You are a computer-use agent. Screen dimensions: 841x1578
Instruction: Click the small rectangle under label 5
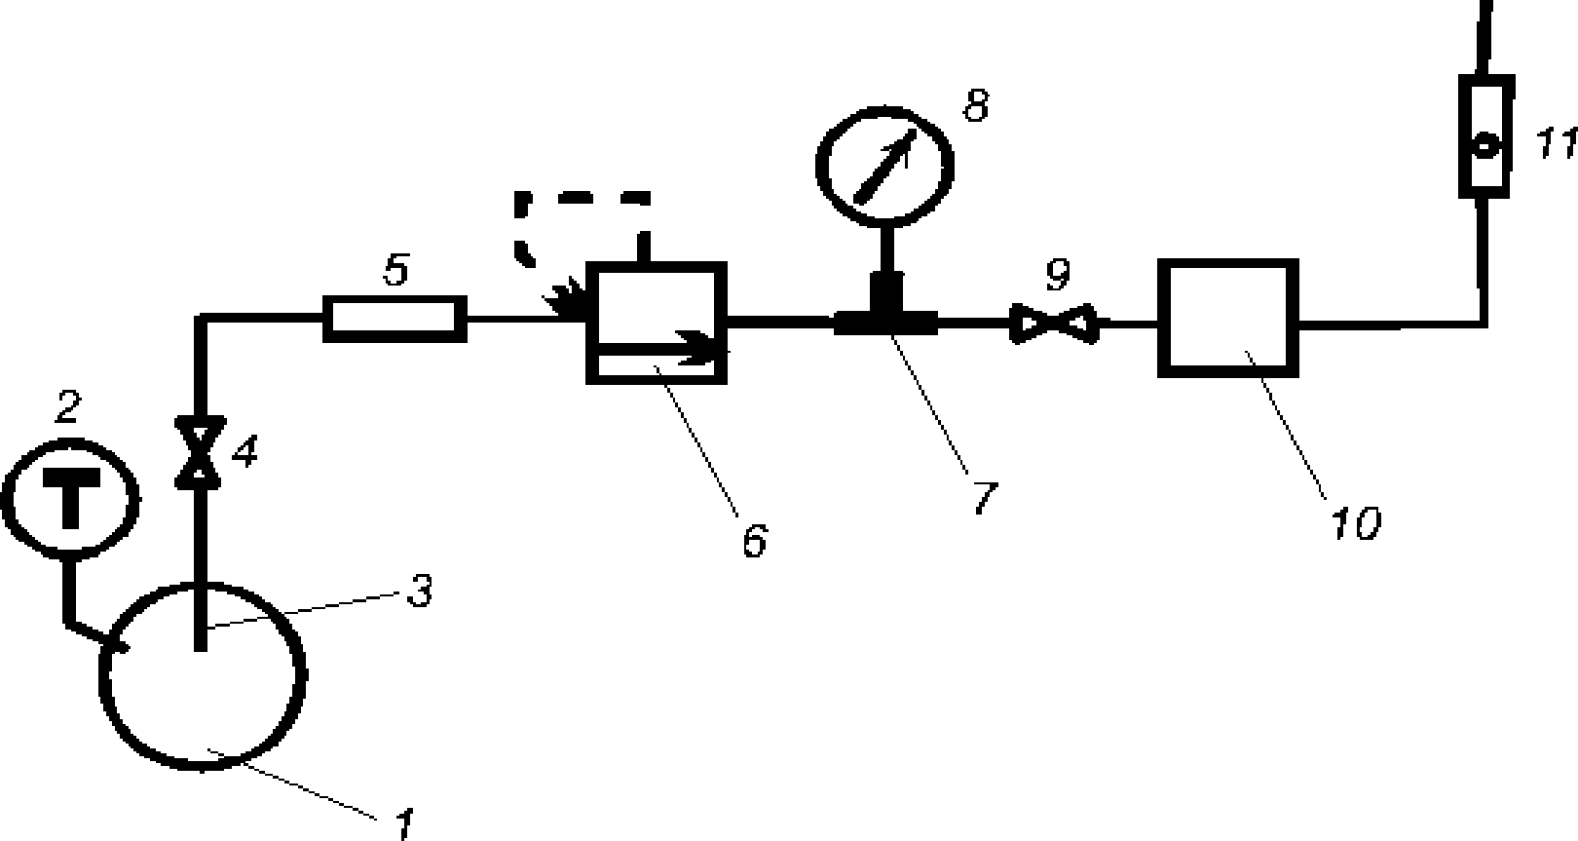tap(394, 318)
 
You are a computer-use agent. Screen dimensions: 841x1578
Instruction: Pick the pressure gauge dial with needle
tap(884, 163)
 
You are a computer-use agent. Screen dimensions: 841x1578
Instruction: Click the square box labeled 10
tap(1227, 318)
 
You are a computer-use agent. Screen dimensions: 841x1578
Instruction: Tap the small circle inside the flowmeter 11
tap(1485, 147)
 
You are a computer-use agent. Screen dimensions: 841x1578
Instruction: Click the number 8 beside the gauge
tap(976, 104)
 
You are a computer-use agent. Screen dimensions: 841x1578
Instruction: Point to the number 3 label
tap(419, 591)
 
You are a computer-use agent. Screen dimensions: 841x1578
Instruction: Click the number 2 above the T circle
tap(66, 407)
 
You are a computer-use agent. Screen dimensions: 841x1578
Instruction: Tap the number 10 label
tap(1357, 523)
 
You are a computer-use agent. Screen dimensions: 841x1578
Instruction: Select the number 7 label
tap(984, 497)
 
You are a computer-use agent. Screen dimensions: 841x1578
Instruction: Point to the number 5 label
tap(395, 270)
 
